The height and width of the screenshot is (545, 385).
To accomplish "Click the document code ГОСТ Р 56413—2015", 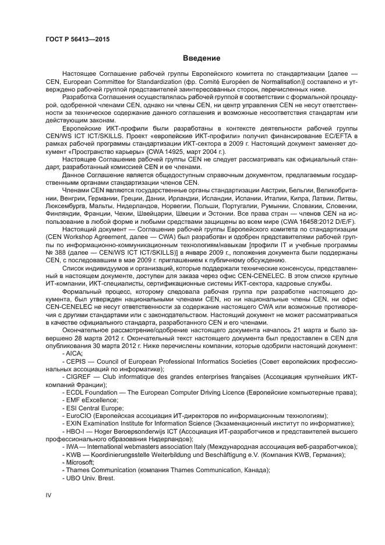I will pyautogui.click(x=77, y=39).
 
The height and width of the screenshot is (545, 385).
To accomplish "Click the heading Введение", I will pyautogui.click(x=201, y=58).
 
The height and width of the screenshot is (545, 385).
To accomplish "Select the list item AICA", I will pyautogui.click(x=75, y=354).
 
